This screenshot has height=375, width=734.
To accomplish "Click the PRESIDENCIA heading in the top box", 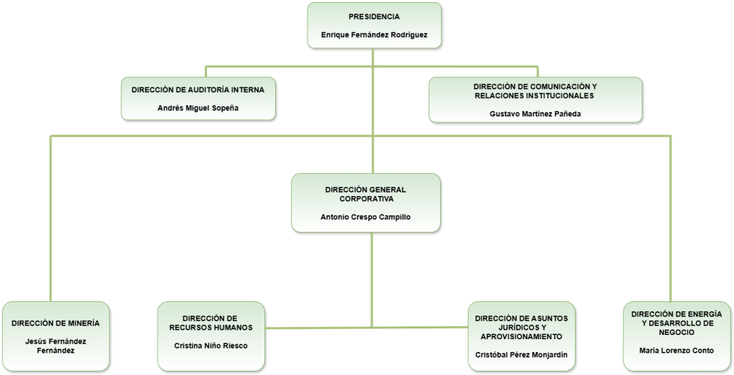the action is pyautogui.click(x=374, y=17).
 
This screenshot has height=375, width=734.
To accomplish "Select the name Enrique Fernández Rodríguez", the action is pyautogui.click(x=374, y=34).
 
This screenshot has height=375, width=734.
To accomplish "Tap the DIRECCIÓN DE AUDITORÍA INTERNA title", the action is pyautogui.click(x=198, y=89).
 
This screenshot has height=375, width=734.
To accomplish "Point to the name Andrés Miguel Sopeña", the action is pyautogui.click(x=198, y=108).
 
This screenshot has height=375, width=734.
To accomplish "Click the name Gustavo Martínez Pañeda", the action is pyautogui.click(x=535, y=114).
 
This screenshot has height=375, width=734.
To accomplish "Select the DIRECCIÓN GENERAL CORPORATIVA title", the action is pyautogui.click(x=366, y=194).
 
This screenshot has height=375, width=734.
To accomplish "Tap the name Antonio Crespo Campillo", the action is pyautogui.click(x=366, y=217).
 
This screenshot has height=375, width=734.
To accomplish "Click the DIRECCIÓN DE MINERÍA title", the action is pyautogui.click(x=56, y=323).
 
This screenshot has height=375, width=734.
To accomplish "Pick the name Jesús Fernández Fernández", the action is pyautogui.click(x=56, y=346).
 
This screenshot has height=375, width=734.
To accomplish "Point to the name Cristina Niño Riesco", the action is pyautogui.click(x=211, y=346).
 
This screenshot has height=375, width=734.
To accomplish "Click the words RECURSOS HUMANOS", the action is pyautogui.click(x=211, y=328).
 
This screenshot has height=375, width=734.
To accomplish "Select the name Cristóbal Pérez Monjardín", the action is pyautogui.click(x=522, y=354).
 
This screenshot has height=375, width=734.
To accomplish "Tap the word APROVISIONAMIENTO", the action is pyautogui.click(x=522, y=336).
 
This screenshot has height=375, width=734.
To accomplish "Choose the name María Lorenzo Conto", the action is pyautogui.click(x=677, y=350).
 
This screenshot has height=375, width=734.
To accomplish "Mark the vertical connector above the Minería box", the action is pyautogui.click(x=51, y=219).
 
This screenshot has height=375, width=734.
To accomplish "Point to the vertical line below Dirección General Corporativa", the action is pyautogui.click(x=372, y=279).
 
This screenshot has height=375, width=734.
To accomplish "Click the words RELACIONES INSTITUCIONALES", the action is pyautogui.click(x=535, y=96).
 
